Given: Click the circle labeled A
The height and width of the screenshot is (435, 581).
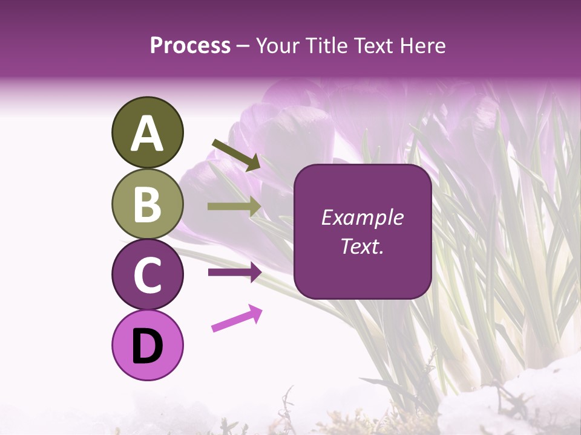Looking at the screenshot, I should pos(147,132).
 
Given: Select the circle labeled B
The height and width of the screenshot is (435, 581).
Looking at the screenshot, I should pos(147,204).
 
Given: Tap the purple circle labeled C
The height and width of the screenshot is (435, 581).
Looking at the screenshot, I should pos(147,275).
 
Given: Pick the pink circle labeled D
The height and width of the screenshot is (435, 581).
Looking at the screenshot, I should pos(147,345).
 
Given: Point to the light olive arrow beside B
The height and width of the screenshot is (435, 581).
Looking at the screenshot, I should pos(234,207).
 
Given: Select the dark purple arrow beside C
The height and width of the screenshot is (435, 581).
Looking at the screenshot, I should pos(234,272).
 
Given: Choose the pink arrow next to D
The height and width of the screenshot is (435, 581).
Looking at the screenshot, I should pos(237,318).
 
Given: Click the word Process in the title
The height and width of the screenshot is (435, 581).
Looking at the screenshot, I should pos(190,45).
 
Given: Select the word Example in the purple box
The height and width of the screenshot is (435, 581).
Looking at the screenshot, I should pos(362,217).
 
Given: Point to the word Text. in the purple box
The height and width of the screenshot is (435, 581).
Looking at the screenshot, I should pos(362,246).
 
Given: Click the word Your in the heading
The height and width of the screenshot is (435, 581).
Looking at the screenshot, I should pos(276,45).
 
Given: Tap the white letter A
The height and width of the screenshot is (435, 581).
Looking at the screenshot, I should pos(147,133).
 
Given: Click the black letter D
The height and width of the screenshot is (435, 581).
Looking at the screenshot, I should pos(147,346).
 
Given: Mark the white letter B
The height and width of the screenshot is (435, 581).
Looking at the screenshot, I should pos(147,204).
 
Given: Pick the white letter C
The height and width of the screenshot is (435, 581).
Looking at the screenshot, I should pos(147,275).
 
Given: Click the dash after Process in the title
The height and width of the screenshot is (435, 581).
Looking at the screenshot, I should pos(243,46).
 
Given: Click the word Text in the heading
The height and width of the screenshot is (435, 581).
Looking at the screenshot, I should pos(371,45).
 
